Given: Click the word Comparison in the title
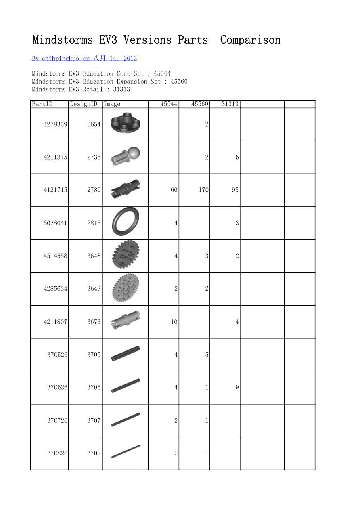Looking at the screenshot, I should [x=250, y=40].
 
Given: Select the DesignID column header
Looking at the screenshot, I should [x=84, y=104].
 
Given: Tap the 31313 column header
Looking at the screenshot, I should [x=230, y=104].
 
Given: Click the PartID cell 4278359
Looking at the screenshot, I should [x=55, y=124].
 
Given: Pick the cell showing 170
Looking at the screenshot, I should [x=203, y=190].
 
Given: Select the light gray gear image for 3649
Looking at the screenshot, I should [x=125, y=288].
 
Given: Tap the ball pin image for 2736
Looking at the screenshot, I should [x=126, y=156].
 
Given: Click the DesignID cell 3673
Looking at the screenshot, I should [x=94, y=322].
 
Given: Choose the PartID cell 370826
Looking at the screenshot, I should [x=57, y=453].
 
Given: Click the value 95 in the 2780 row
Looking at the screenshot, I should [x=235, y=190].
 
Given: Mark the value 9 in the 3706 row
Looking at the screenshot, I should [x=237, y=388].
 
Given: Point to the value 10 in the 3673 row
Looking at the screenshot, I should [x=174, y=322].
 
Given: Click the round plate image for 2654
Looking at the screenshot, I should [x=125, y=124].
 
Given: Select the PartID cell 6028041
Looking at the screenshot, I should [x=55, y=223].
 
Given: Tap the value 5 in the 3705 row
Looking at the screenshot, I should [x=207, y=355].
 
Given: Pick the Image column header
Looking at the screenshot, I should [x=112, y=104].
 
